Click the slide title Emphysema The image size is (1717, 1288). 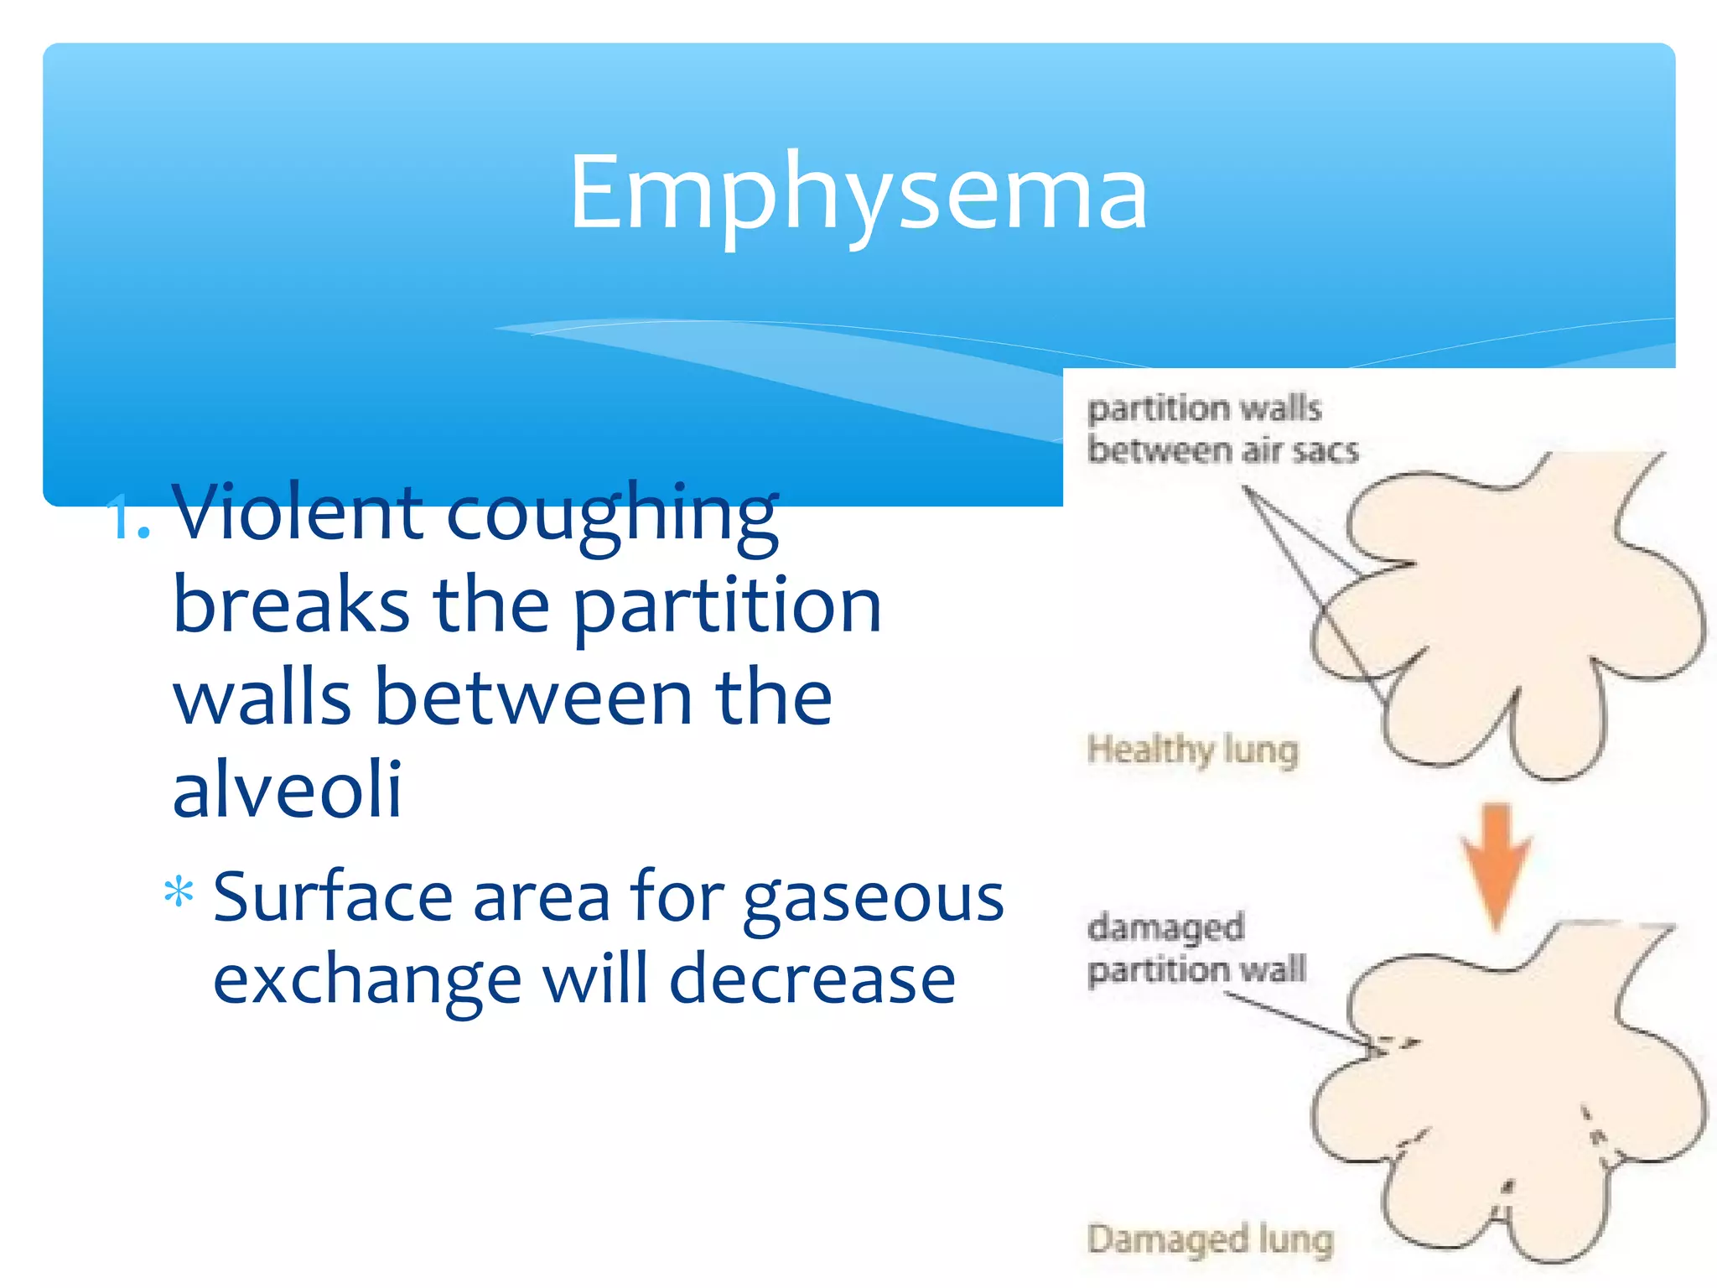pyautogui.click(x=858, y=193)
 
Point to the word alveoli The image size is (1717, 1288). pyautogui.click(x=287, y=789)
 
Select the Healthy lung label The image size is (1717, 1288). pyautogui.click(x=1192, y=749)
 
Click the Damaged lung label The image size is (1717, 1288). pyautogui.click(x=1210, y=1239)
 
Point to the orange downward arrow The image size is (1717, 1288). pyautogui.click(x=1497, y=864)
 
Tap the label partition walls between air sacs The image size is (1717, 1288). pyautogui.click(x=1222, y=429)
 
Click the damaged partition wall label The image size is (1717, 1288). pyautogui.click(x=1196, y=948)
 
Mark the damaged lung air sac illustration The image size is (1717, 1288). pyautogui.click(x=1509, y=1090)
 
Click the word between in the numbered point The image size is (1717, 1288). pyautogui.click(x=532, y=698)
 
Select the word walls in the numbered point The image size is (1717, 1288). pyautogui.click(x=262, y=698)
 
